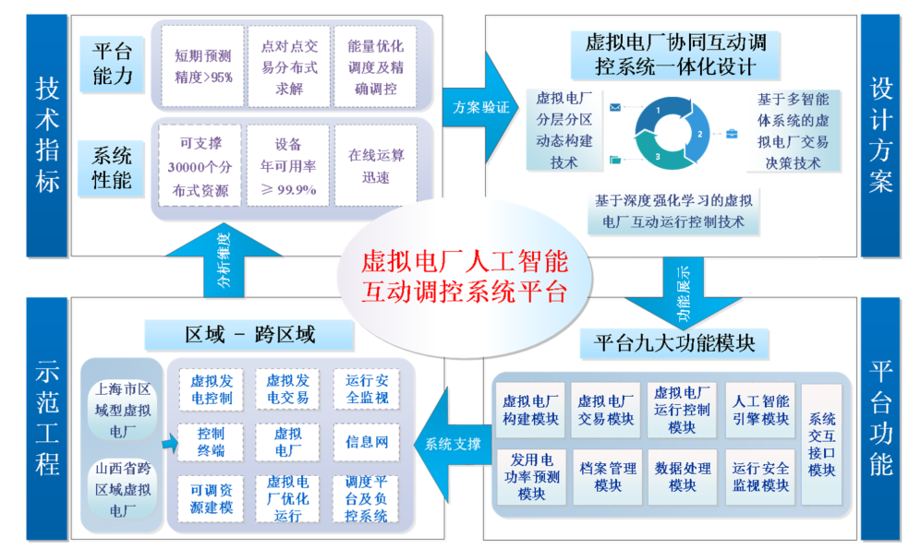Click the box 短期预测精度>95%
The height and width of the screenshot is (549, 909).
202,66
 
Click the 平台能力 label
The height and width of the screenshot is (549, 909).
112,63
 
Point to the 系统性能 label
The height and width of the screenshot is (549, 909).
112,167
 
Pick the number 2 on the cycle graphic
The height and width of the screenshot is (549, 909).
699,134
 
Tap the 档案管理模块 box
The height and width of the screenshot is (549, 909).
606,477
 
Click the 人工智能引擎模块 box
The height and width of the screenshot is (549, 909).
759,410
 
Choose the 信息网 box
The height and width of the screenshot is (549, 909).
367,442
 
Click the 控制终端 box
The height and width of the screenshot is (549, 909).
211,442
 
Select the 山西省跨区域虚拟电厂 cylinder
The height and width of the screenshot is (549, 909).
123,489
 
